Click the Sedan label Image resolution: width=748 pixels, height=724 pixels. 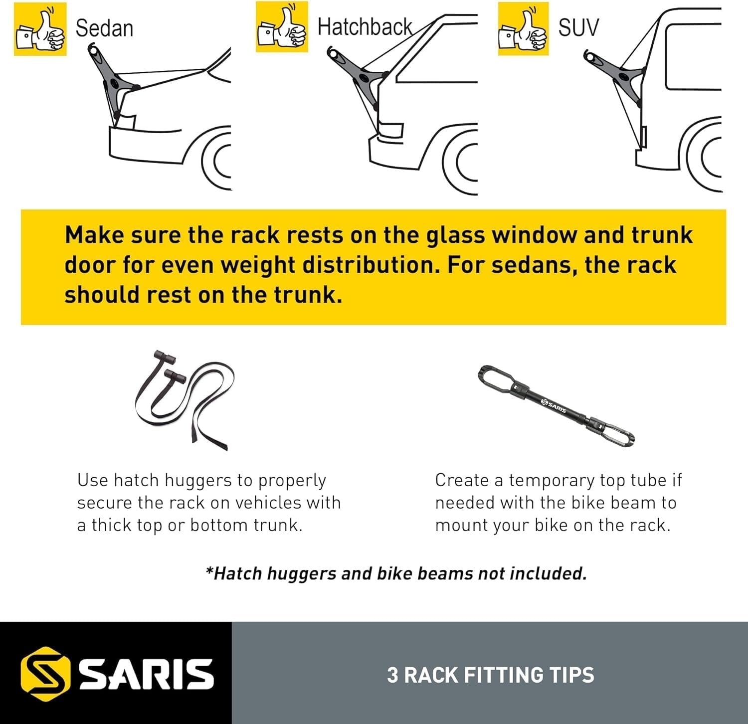[104, 28]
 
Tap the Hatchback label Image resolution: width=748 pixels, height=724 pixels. [365, 27]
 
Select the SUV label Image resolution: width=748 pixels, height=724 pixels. [578, 27]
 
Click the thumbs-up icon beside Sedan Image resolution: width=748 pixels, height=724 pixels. [40, 29]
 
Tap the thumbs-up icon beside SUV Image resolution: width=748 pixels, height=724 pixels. [523, 28]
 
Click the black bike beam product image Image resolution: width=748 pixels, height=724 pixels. [556, 405]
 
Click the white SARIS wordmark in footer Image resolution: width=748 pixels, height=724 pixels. [147, 674]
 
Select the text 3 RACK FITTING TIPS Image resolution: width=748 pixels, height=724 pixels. [490, 675]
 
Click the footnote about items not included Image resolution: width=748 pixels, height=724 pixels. [396, 573]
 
